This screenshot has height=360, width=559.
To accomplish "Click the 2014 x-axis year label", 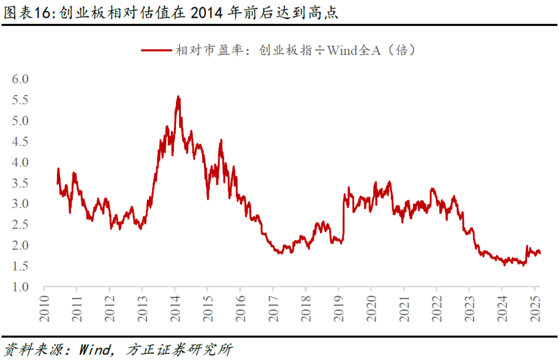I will [174, 308].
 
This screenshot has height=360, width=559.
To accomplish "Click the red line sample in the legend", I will [156, 51].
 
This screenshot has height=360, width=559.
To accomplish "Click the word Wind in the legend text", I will [342, 51].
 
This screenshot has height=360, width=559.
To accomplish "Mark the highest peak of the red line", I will [178, 96].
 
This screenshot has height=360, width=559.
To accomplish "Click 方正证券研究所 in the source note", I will [179, 349].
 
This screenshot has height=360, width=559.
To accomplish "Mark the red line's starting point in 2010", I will [57, 182].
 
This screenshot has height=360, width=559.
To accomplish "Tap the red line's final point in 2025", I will [540, 253].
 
